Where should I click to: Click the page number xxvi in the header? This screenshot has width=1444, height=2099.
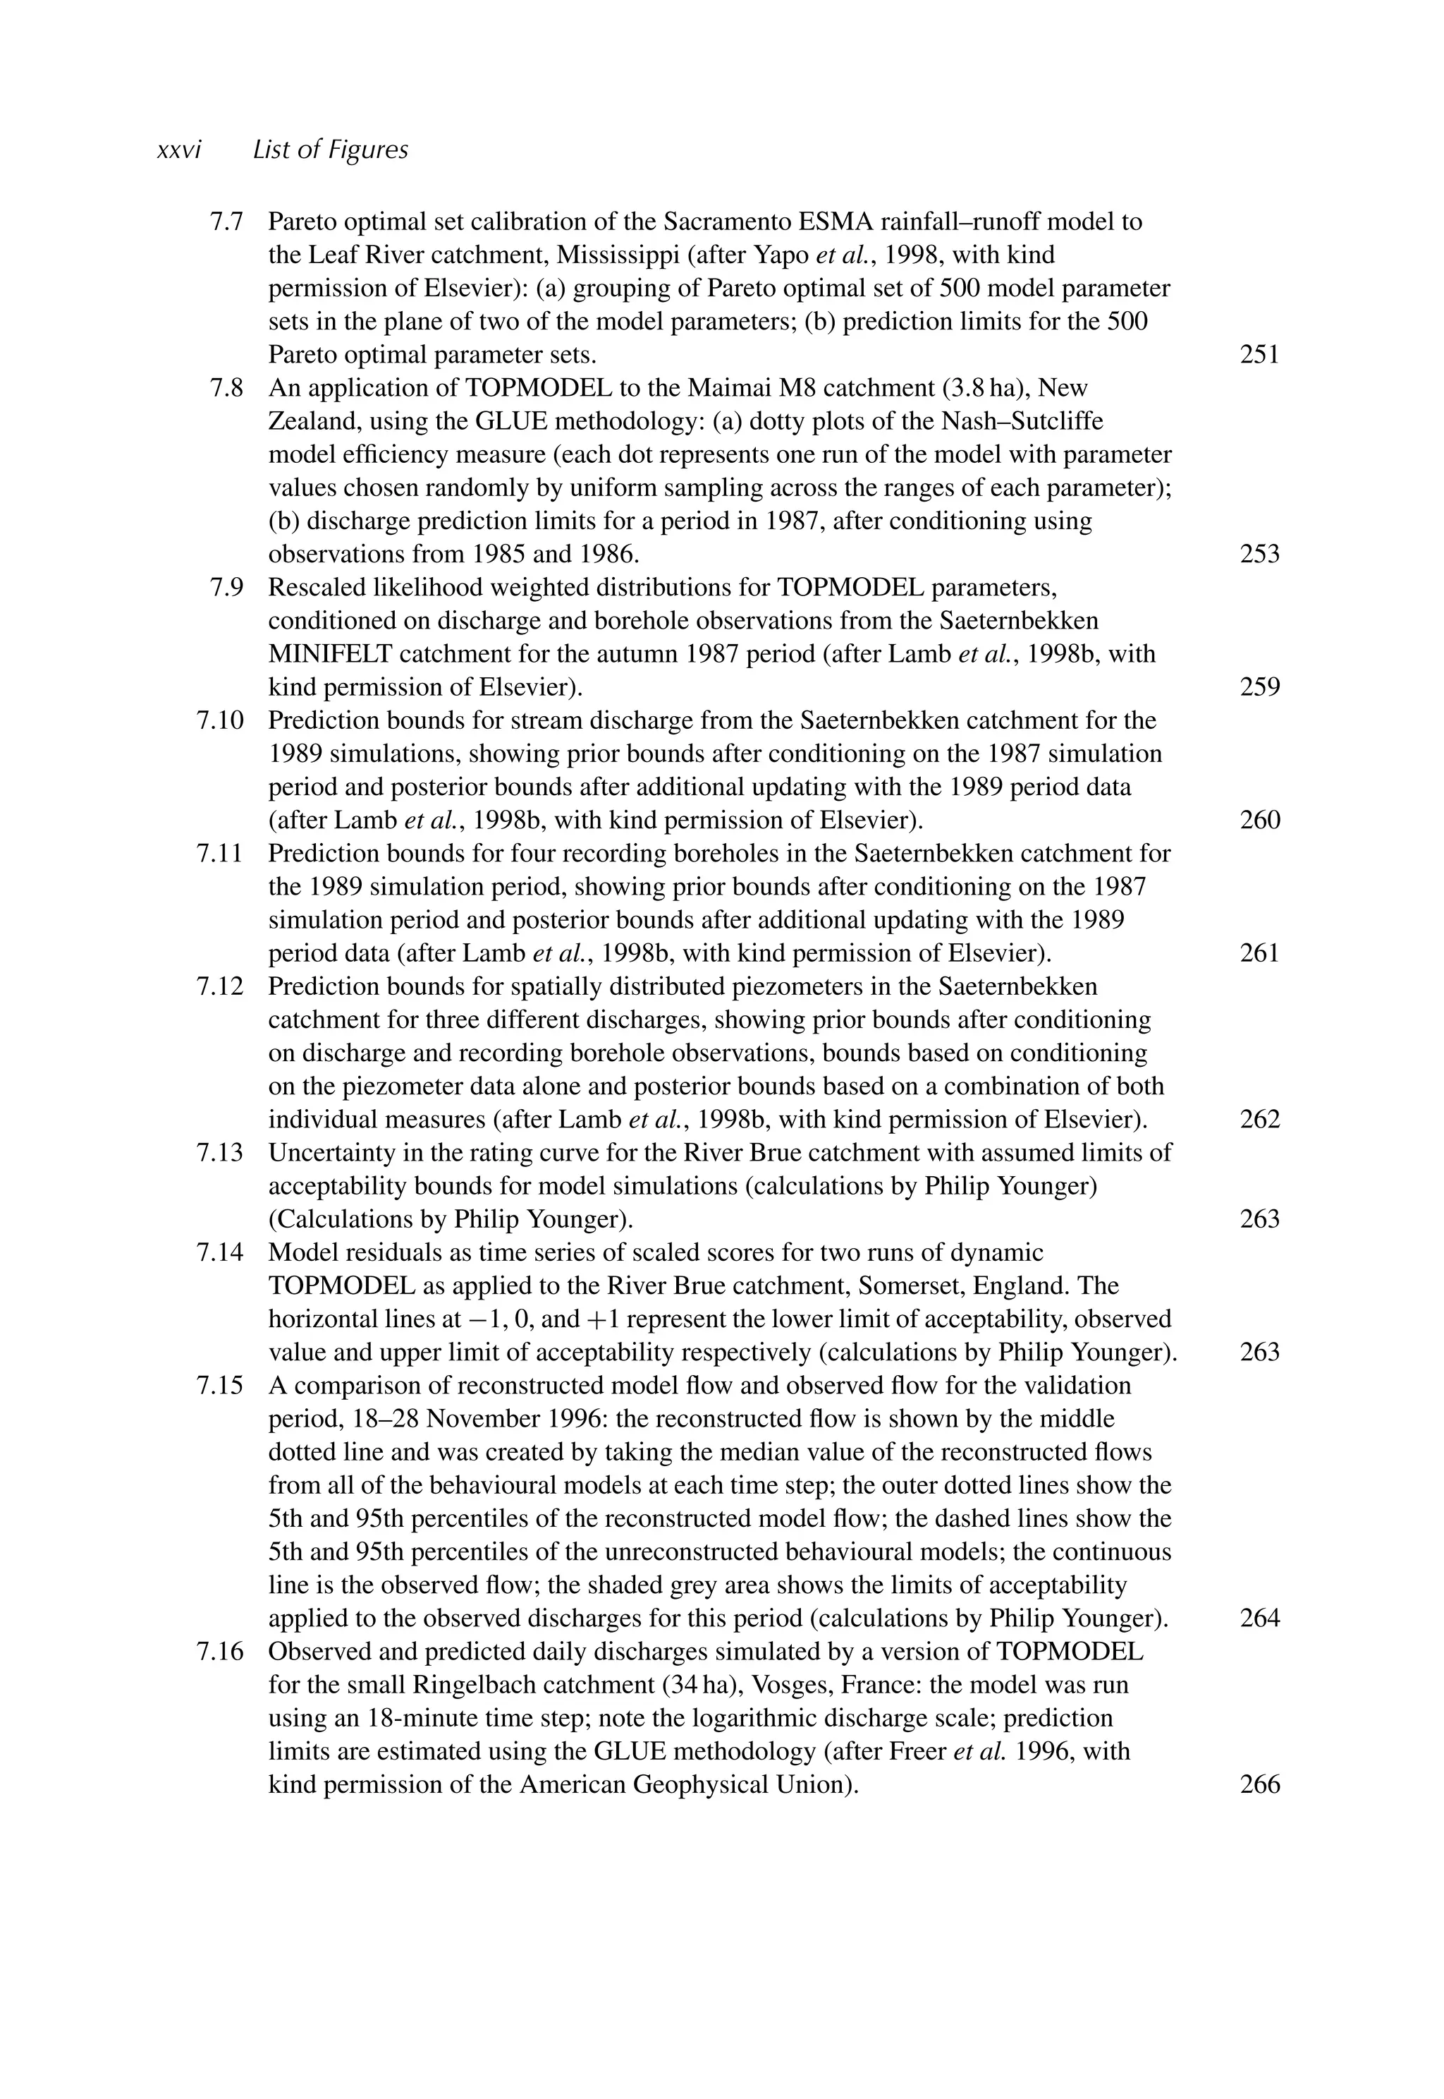pos(178,150)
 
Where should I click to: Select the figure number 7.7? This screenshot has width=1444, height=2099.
pos(226,222)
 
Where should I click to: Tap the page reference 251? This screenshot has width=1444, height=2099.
pos(1259,355)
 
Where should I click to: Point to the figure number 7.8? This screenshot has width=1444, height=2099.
pos(226,388)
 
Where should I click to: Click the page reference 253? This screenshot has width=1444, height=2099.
pos(1259,554)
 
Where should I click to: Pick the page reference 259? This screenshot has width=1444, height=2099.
pos(1259,687)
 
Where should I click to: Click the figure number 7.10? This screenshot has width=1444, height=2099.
pos(220,720)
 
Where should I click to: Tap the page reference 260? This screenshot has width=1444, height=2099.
pos(1259,820)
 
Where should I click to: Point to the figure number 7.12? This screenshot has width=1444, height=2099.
pos(220,986)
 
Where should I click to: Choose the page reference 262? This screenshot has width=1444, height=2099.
pos(1259,1120)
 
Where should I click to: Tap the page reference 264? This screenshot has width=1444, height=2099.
pos(1259,1619)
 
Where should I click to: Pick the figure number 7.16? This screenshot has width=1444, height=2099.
pos(220,1652)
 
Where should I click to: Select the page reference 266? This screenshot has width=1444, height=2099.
pos(1259,1785)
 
